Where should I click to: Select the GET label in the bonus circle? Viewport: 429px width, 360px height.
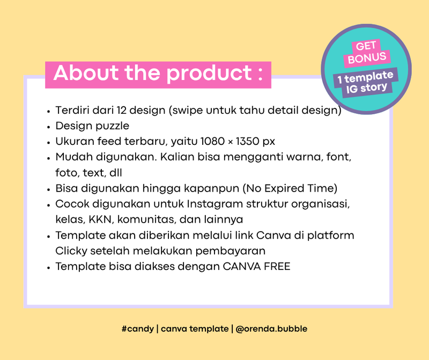click(x=366, y=46)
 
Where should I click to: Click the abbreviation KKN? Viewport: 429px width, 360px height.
click(x=99, y=220)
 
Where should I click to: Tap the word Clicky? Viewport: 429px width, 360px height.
click(x=70, y=251)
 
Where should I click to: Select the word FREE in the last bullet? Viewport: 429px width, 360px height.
click(x=277, y=267)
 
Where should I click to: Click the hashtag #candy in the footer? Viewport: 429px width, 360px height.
click(x=138, y=329)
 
